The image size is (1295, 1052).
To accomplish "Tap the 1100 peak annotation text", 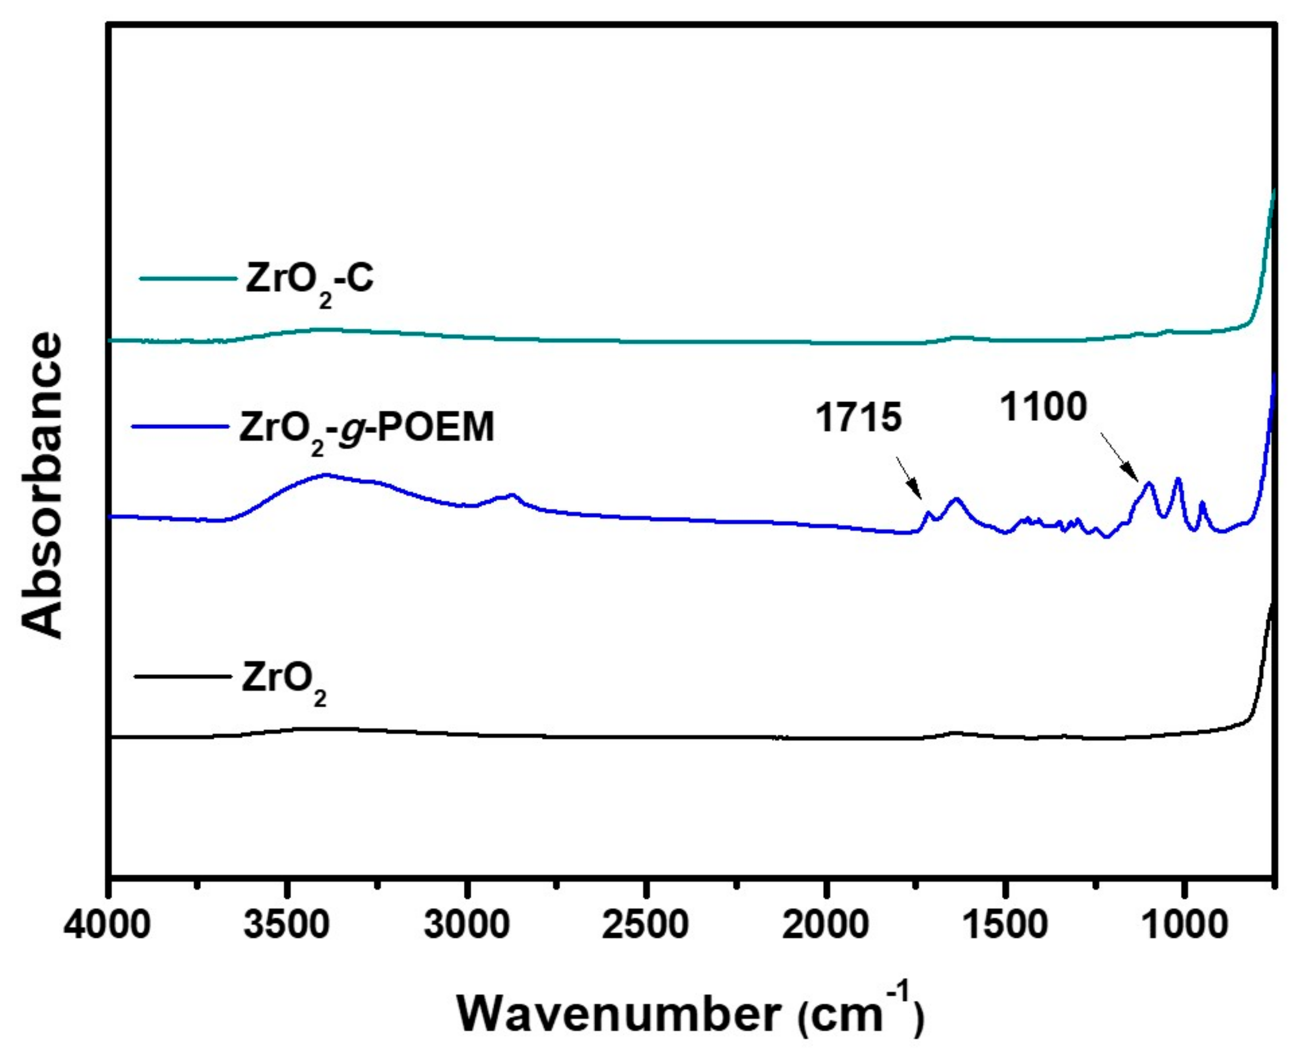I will click(x=1043, y=407).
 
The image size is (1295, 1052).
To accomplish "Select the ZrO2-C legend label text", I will click(x=309, y=281).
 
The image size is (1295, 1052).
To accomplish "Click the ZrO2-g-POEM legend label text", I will click(x=366, y=429).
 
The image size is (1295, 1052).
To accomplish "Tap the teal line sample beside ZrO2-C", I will click(x=188, y=279).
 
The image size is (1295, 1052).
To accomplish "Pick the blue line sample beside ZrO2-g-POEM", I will click(x=180, y=426).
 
